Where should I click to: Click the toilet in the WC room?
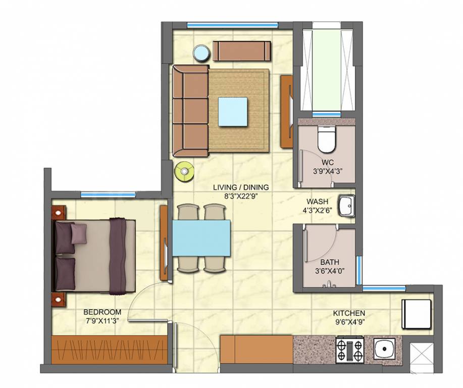click(x=326, y=140)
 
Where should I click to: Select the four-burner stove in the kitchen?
click(x=349, y=349)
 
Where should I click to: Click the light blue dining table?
click(x=201, y=238)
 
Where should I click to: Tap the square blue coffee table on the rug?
click(x=233, y=112)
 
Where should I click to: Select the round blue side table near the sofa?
click(x=201, y=54)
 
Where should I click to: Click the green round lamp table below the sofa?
click(x=184, y=171)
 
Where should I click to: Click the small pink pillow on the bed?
click(x=79, y=233)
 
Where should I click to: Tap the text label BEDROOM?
click(x=102, y=312)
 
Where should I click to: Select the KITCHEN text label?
click(x=349, y=313)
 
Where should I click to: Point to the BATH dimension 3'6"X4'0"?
click(x=329, y=271)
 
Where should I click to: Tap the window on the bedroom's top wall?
click(x=108, y=195)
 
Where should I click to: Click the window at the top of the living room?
click(x=232, y=25)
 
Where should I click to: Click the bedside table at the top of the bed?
click(x=59, y=211)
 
